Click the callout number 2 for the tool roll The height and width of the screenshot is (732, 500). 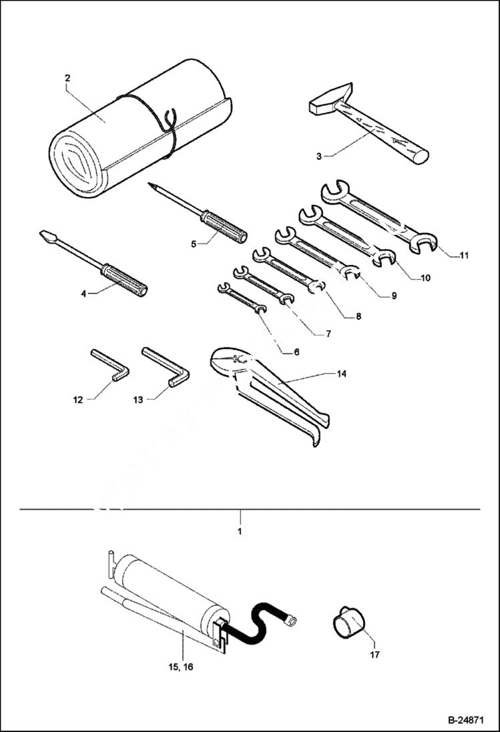tap(67, 78)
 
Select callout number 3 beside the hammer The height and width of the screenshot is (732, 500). tap(319, 156)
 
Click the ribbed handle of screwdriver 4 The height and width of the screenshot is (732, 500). tap(123, 278)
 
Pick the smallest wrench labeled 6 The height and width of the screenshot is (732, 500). tap(242, 298)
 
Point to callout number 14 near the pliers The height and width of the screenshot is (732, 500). tap(342, 374)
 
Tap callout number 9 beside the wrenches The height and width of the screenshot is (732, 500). tap(394, 296)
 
